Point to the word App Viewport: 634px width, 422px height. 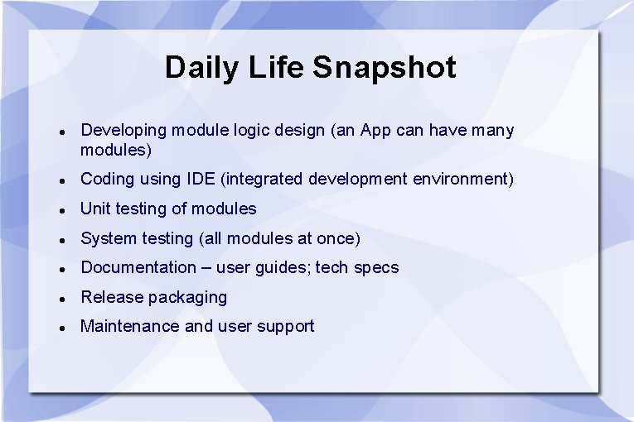(376, 131)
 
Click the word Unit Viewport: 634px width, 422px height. (95, 209)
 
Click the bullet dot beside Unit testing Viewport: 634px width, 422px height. (62, 210)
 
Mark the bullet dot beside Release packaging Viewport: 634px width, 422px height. (62, 299)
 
